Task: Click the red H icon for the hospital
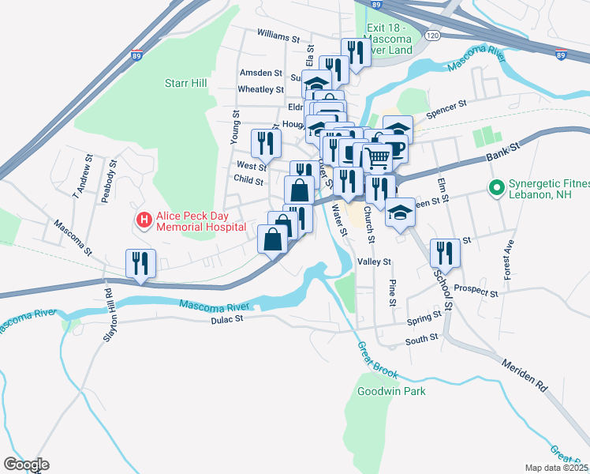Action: tap(144, 219)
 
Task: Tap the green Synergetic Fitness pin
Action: tap(496, 190)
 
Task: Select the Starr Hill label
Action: tap(185, 83)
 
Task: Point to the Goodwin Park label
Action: tap(380, 391)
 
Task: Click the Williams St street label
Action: tap(278, 37)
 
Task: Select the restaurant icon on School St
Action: tap(445, 253)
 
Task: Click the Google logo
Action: tap(26, 465)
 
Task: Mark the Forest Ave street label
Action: tap(510, 254)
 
